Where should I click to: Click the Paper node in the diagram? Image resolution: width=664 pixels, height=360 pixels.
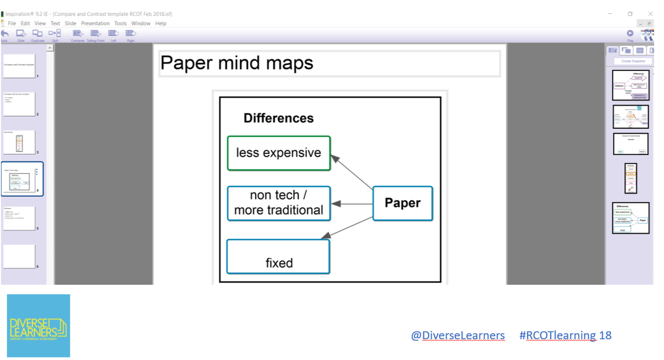pos(402,204)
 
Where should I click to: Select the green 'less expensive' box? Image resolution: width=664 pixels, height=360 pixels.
pos(279,153)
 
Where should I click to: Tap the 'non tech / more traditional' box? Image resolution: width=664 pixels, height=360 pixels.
pos(279,203)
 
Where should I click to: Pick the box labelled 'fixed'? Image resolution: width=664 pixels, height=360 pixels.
pos(278,257)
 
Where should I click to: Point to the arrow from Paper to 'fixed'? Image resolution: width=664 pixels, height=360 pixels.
pos(347,228)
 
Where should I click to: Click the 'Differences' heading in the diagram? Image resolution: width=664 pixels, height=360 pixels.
pos(278,118)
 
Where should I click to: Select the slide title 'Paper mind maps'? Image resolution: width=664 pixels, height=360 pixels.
pos(237,63)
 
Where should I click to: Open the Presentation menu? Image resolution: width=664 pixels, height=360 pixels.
pos(95,23)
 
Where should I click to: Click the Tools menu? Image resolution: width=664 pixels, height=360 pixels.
pos(120,23)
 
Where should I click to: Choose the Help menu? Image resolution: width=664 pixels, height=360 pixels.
pos(160,23)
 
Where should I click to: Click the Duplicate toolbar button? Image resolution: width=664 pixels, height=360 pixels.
pos(38,35)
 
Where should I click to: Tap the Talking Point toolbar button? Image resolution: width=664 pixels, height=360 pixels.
pos(95,35)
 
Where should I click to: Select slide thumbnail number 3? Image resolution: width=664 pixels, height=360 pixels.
pos(19,143)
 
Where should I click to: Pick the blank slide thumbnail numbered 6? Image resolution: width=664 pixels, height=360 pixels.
pos(19,257)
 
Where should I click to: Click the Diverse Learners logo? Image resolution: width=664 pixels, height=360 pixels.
pos(39,326)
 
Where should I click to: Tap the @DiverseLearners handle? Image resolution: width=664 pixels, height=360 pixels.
pos(458,335)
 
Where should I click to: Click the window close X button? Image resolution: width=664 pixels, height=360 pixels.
pos(650,13)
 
